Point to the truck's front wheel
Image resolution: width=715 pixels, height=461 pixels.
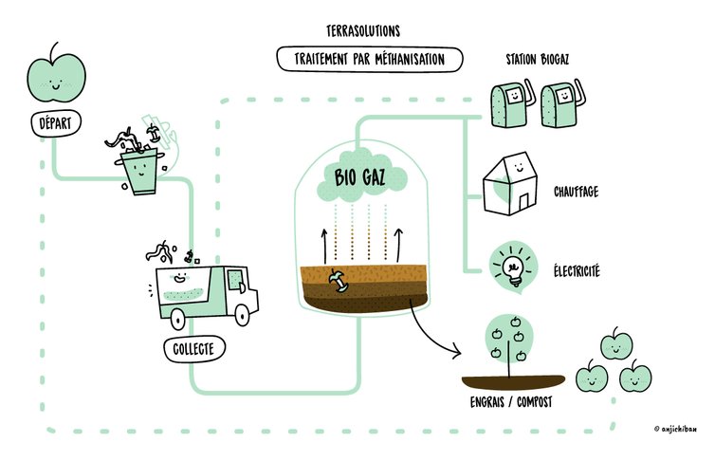click(x=242, y=313)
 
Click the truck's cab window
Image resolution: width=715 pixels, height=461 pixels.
click(x=233, y=282)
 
